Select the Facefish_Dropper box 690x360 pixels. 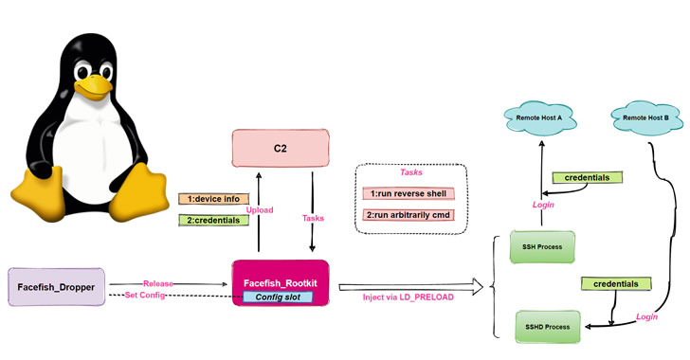(x=58, y=286)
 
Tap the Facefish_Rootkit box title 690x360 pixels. (x=281, y=281)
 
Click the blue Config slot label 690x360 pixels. (x=281, y=297)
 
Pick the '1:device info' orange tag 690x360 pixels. (x=212, y=199)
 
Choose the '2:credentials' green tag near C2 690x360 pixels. (x=212, y=220)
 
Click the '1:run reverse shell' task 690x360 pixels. (x=409, y=194)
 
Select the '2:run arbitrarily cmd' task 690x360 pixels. (x=409, y=215)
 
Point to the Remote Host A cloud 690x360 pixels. (x=540, y=118)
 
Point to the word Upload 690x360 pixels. (x=259, y=209)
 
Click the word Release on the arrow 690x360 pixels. (x=158, y=282)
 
